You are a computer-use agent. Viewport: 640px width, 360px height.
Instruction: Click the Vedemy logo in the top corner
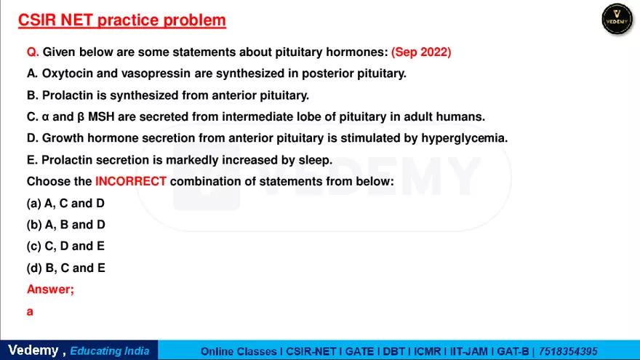click(617, 19)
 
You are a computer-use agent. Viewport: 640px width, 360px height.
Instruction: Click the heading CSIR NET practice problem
click(121, 20)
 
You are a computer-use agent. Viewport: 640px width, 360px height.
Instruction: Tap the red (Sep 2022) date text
click(421, 52)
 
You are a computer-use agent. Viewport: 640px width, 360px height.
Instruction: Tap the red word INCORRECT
click(131, 181)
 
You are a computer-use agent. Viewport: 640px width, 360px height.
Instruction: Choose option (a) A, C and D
click(65, 204)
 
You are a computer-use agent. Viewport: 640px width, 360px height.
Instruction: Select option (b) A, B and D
click(65, 225)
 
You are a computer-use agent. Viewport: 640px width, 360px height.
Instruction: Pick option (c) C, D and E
click(65, 246)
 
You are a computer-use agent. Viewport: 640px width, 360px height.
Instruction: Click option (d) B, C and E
click(65, 268)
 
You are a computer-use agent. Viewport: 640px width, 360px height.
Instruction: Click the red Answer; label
click(50, 289)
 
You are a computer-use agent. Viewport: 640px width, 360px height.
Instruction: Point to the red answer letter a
click(31, 311)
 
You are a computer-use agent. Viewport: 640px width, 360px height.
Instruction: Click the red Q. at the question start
click(33, 52)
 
